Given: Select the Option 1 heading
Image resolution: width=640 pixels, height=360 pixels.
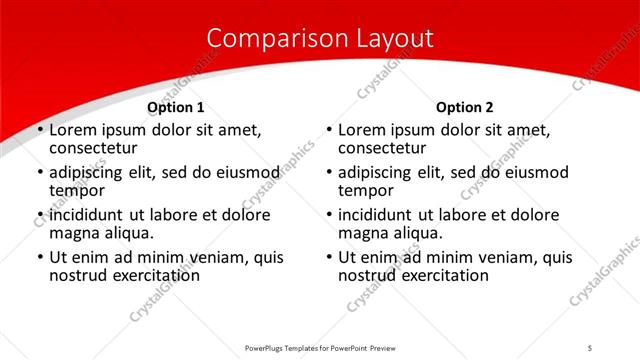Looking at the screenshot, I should [176, 107].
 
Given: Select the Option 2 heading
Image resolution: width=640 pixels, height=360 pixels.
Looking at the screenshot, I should [465, 107].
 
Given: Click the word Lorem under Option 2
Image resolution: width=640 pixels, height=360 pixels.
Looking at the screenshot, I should [362, 130].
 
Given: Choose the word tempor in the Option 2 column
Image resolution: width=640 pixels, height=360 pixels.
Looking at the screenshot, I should [364, 191].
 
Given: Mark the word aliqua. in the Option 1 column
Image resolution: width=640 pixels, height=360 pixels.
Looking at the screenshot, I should [128, 234].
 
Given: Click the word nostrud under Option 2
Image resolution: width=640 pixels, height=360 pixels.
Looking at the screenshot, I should [368, 276].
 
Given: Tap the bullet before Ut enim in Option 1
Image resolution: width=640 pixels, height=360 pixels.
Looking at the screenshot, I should [40, 258].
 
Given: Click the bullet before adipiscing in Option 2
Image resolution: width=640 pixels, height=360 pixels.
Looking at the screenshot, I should [329, 173].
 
